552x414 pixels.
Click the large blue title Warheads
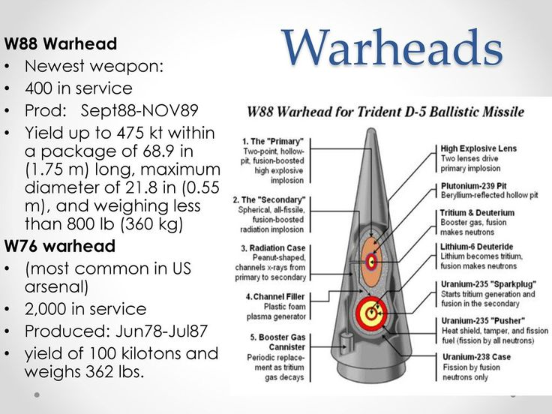click(392, 47)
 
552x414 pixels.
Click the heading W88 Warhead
click(61, 43)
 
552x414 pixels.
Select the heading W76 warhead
click(60, 246)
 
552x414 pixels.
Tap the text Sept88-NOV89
click(139, 110)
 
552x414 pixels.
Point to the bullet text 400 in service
click(79, 88)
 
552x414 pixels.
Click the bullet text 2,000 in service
click(85, 309)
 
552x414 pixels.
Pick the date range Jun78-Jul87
click(161, 331)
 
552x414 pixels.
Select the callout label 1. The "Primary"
click(273, 142)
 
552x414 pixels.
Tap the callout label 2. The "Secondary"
click(269, 200)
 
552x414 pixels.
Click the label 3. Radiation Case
click(273, 248)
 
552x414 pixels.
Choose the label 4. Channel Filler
click(275, 297)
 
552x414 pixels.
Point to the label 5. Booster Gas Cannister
click(277, 342)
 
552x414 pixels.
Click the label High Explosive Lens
click(478, 148)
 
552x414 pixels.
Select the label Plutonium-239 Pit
click(473, 186)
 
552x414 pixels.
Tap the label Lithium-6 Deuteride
click(477, 247)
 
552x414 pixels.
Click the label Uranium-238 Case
click(477, 357)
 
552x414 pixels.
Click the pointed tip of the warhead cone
click(371, 130)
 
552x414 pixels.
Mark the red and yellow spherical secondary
click(371, 313)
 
